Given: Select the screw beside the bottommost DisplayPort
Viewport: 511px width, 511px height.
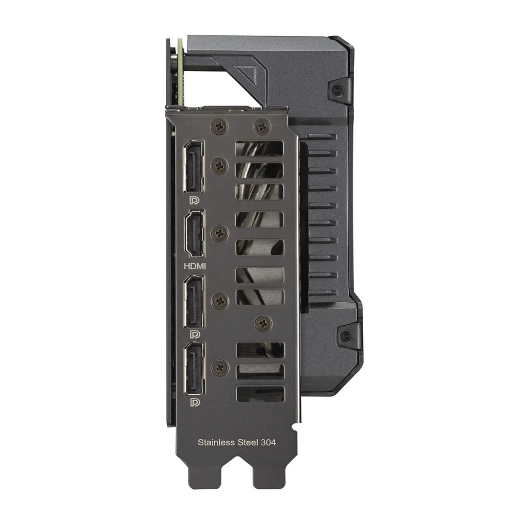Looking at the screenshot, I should (220, 365).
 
